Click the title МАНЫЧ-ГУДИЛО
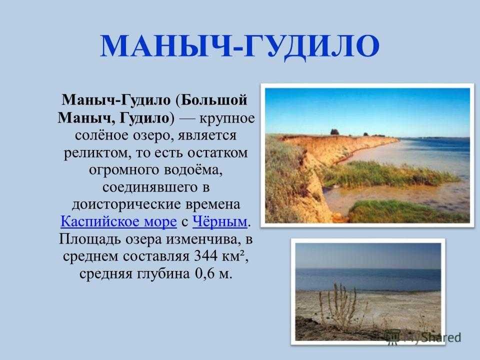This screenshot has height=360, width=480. [x=240, y=46]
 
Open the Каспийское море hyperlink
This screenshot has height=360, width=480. [x=118, y=221]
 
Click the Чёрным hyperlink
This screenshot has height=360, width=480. [x=219, y=221]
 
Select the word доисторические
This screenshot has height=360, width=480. [x=125, y=204]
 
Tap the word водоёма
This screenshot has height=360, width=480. [x=193, y=170]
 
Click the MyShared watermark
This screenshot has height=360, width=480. [x=422, y=337]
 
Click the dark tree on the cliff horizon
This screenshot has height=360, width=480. [x=334, y=132]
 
